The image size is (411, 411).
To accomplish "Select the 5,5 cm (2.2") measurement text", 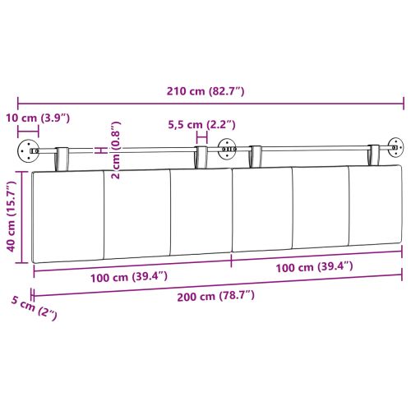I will point(201,125).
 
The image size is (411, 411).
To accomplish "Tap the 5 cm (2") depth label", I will point(32,310).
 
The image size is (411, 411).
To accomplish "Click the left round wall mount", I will point(30,151).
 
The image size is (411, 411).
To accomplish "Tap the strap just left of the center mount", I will point(201,158).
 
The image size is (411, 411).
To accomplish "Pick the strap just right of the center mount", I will point(255,158).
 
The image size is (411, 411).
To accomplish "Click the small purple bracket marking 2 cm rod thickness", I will point(99,150).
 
